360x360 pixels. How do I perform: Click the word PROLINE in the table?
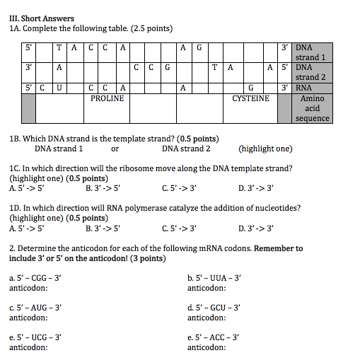point(108,98)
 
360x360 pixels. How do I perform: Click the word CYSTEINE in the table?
point(251,98)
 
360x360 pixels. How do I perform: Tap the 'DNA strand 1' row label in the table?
point(310,52)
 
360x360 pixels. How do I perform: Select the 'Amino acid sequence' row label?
point(312,108)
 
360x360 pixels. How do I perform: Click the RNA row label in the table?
point(303,88)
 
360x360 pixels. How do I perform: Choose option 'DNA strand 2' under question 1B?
point(186,149)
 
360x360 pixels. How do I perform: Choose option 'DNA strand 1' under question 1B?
point(59,149)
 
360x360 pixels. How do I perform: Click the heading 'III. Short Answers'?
point(42,18)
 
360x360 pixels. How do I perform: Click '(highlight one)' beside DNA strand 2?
point(265,149)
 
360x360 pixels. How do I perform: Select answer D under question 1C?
point(257,189)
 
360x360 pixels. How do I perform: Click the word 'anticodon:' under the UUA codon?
point(207,288)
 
